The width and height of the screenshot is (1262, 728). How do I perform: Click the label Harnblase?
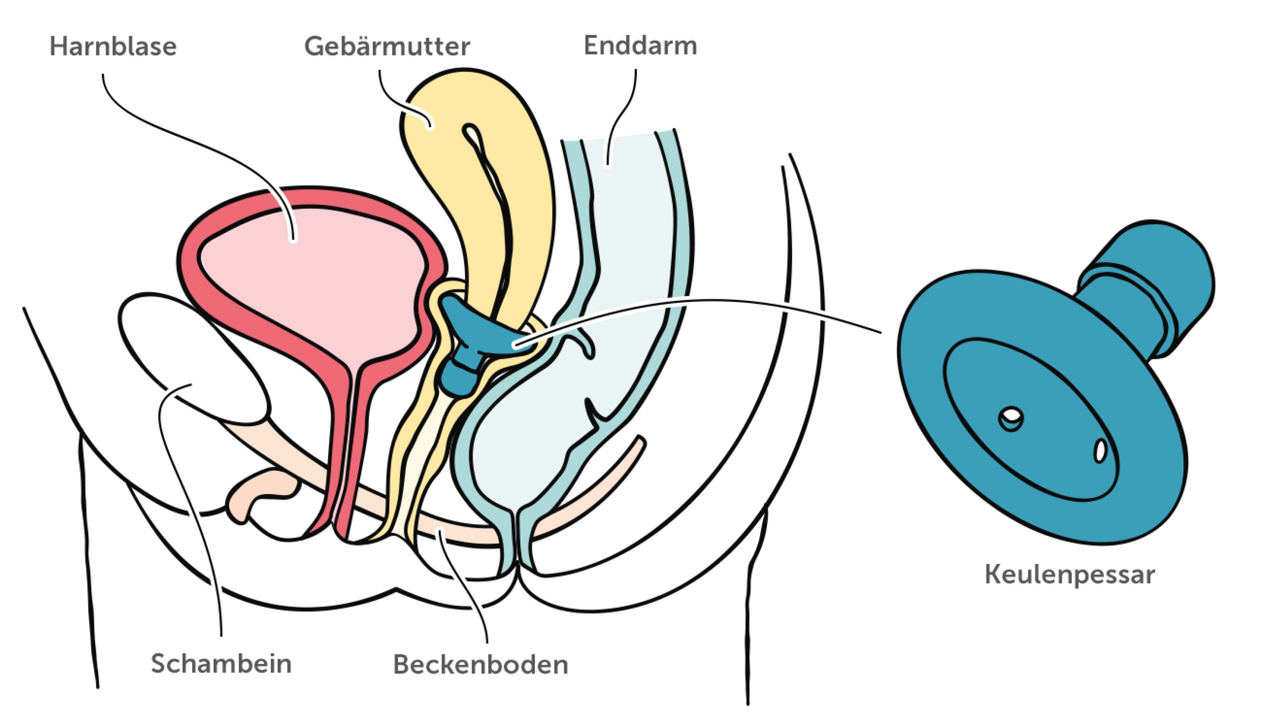[x=113, y=47]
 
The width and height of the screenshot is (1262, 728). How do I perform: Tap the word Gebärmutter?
[x=387, y=47]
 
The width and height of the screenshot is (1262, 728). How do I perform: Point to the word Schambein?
[x=221, y=664]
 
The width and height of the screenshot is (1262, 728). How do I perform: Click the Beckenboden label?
[x=480, y=664]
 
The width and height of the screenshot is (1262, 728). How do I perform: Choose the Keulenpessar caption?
[x=1069, y=574]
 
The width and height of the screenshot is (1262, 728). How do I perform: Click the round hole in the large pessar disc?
[x=1011, y=416]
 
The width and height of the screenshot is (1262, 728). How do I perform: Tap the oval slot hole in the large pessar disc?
[x=1100, y=450]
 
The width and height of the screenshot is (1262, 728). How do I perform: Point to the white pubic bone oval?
[x=195, y=355]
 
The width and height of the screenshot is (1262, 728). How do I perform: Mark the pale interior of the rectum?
[x=630, y=250]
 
